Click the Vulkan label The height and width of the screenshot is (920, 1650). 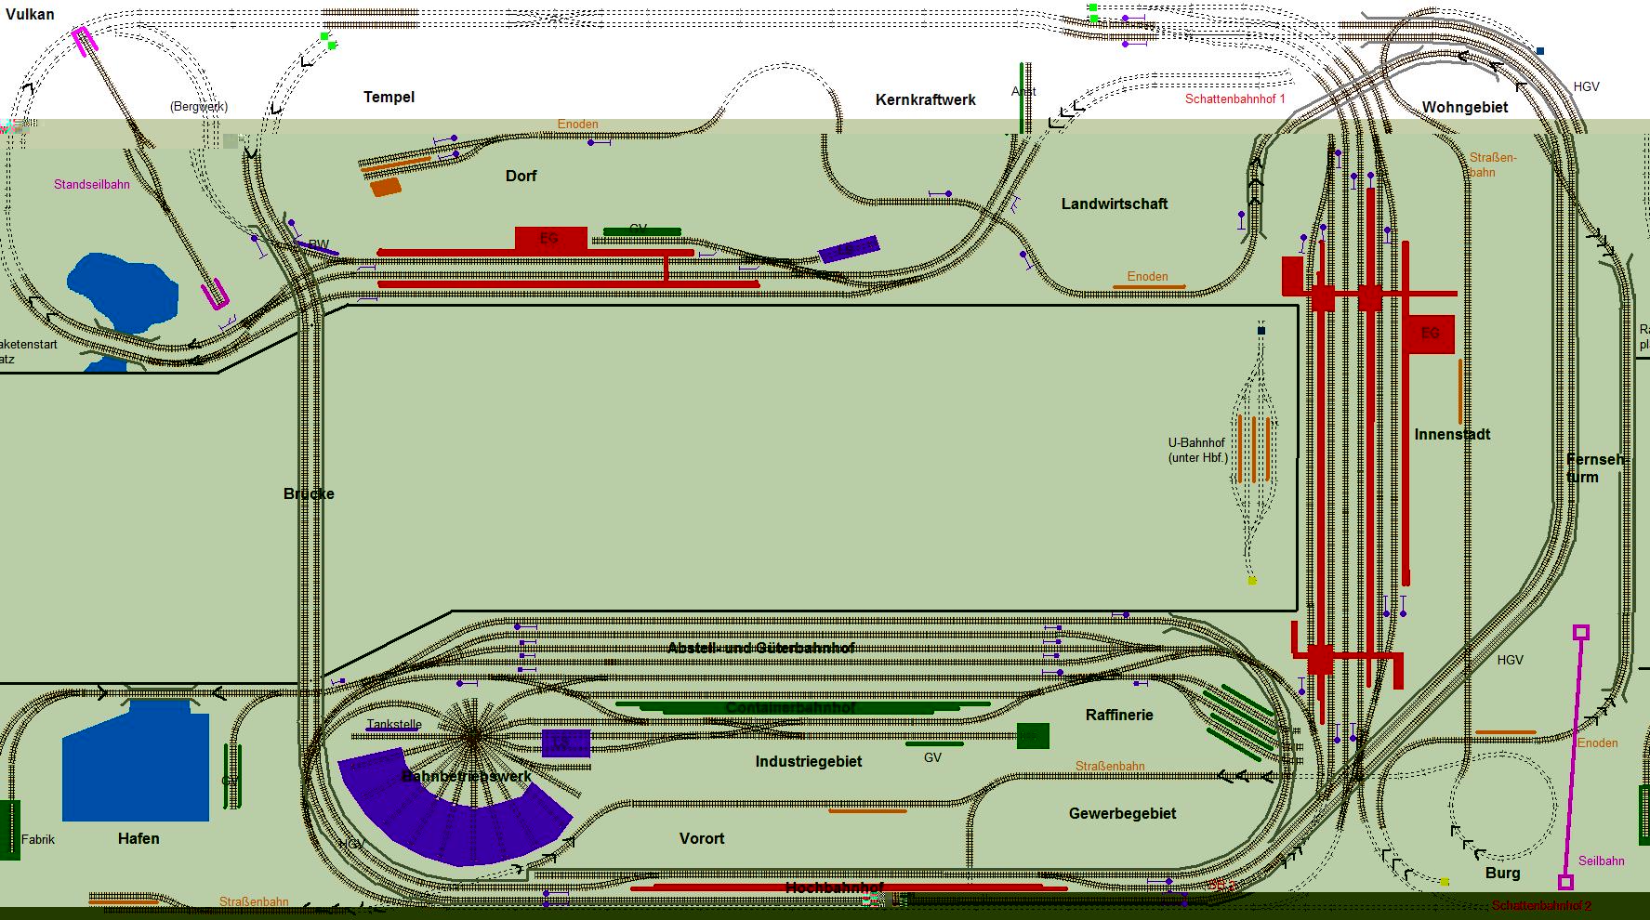[x=30, y=14]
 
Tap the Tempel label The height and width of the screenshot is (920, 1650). [x=389, y=97]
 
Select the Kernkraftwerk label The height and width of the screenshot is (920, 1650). [x=925, y=99]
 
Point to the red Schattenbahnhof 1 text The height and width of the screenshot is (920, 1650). [x=1234, y=99]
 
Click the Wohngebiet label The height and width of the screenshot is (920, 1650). [x=1464, y=107]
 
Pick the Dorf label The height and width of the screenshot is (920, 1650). [x=521, y=176]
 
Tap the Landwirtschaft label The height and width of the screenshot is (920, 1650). [x=1114, y=204]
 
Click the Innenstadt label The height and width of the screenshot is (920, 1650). [x=1452, y=434]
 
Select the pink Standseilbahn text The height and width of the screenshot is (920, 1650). [x=91, y=184]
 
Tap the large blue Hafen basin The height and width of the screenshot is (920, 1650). [x=135, y=762]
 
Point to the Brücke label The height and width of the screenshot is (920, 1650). [x=309, y=493]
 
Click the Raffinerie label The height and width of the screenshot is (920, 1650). [x=1119, y=715]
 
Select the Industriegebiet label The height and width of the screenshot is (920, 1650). [x=808, y=761]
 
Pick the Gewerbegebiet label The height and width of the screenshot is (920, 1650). [x=1122, y=813]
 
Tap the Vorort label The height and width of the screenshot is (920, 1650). [x=701, y=838]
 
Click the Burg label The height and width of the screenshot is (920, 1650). [x=1502, y=873]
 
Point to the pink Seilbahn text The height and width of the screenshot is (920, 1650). [x=1601, y=861]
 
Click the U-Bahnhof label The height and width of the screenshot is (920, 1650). [x=1197, y=450]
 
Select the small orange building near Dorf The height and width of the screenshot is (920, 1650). [x=385, y=187]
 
